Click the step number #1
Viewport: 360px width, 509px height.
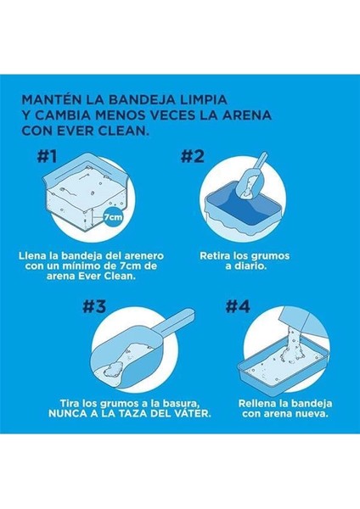pyautogui.click(x=47, y=156)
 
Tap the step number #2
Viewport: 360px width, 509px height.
pyautogui.click(x=193, y=156)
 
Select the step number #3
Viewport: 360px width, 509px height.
pyautogui.click(x=94, y=306)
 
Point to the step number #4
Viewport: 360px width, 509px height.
pyautogui.click(x=238, y=306)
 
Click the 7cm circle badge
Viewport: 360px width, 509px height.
pyautogui.click(x=113, y=217)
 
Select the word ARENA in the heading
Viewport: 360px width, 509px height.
pyautogui.click(x=250, y=115)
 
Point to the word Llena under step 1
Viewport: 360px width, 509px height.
pyautogui.click(x=32, y=256)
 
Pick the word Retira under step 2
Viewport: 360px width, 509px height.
pyautogui.click(x=215, y=256)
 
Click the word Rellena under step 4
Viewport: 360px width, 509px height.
pyautogui.click(x=256, y=404)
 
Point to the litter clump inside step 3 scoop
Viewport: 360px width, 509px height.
pyautogui.click(x=114, y=368)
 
